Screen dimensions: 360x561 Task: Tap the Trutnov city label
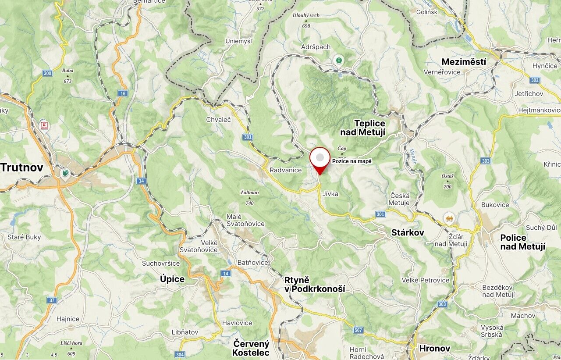[22, 167]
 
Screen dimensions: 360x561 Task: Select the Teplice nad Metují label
[363, 128]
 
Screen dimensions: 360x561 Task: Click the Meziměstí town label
[464, 62]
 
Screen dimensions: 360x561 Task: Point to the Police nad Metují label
[522, 242]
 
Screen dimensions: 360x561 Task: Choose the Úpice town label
[172, 279]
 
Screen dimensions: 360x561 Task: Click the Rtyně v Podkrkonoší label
[314, 284]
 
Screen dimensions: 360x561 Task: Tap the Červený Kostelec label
[251, 348]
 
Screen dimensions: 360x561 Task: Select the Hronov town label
[434, 348]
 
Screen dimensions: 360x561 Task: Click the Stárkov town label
[408, 232]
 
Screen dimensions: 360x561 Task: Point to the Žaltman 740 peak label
[250, 197]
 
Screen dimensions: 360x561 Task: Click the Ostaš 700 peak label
[447, 181]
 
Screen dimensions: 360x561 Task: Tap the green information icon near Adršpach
[338, 60]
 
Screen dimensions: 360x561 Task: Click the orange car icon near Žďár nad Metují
[449, 217]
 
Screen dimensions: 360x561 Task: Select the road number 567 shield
[359, 330]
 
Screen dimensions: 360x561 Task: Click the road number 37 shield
[52, 300]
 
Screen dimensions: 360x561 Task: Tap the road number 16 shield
[122, 93]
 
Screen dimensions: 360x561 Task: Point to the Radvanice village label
[286, 170]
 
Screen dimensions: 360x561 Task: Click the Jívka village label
[330, 193]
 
